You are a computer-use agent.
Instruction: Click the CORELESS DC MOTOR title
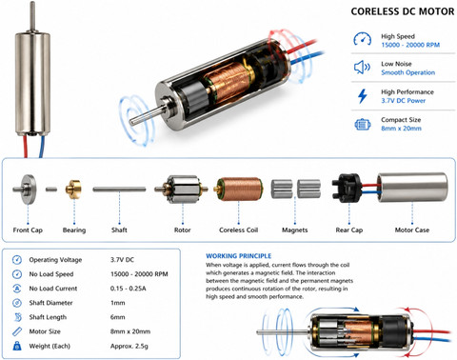pos(403,11)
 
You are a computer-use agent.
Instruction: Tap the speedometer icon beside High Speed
pos(362,39)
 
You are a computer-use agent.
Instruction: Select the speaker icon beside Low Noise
pos(362,68)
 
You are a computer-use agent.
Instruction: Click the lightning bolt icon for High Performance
pos(362,96)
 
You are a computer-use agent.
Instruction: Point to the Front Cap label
pos(28,230)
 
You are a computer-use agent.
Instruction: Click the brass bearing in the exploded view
pos(73,190)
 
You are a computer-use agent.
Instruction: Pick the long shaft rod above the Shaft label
pos(119,190)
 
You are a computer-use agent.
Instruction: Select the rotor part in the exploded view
pos(181,190)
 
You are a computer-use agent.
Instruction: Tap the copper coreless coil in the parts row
pos(238,190)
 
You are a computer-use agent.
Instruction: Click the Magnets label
pos(295,230)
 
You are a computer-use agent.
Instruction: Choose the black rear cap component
pos(347,188)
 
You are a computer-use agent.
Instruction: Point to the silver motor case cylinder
pos(412,188)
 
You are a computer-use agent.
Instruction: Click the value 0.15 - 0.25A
pos(129,289)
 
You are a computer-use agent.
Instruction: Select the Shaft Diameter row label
pos(50,303)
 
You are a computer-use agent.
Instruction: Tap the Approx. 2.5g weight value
pos(129,346)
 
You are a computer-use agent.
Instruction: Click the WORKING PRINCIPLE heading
pos(239,256)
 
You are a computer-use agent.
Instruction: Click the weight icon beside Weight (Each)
pos(17,346)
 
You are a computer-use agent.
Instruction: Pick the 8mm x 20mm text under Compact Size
pos(401,129)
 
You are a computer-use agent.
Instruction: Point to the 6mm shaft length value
pos(118,317)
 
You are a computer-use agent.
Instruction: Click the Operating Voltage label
pos(55,260)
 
